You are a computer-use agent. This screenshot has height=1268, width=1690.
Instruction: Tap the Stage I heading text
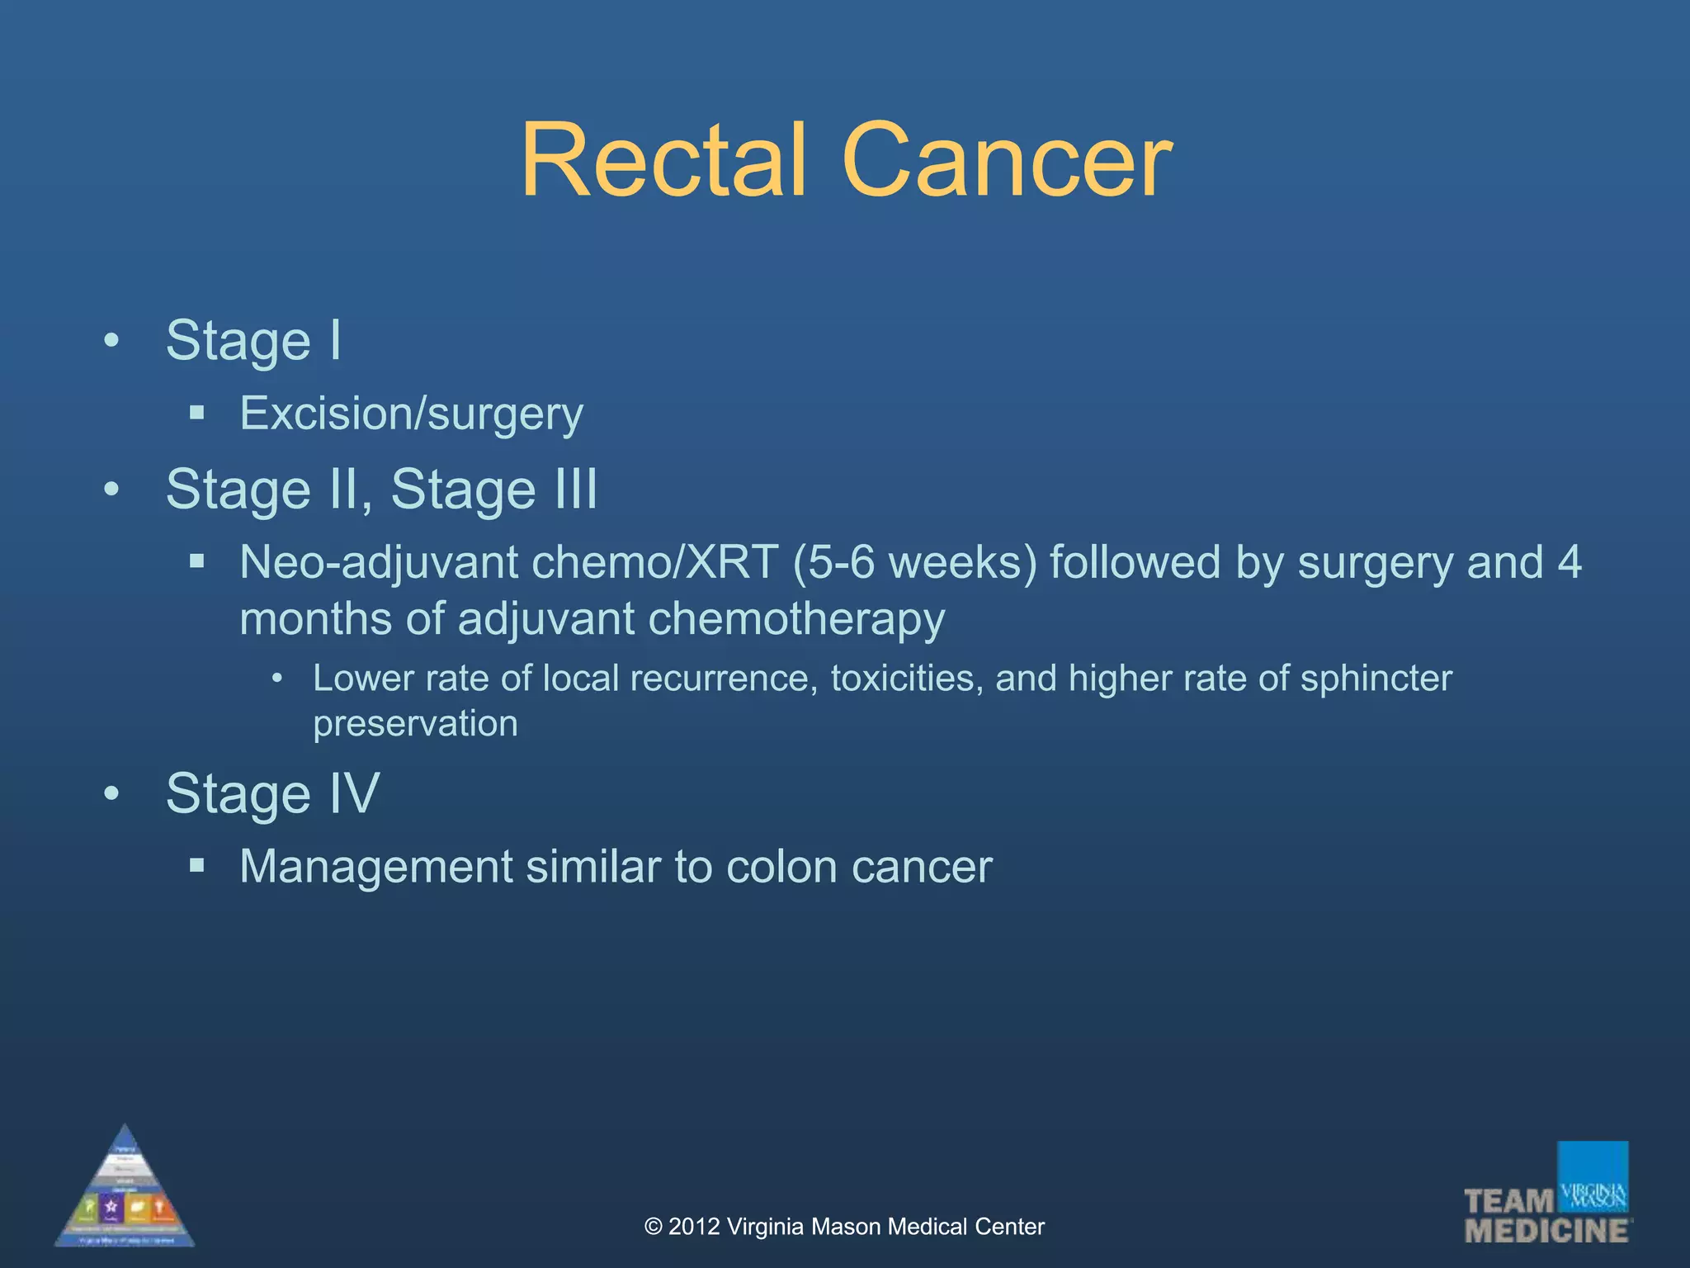point(253,340)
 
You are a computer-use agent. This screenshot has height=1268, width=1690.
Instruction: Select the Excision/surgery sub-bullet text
point(411,413)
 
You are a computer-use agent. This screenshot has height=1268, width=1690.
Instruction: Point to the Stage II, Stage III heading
point(381,489)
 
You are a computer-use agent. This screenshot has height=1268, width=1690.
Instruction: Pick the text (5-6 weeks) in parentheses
point(914,562)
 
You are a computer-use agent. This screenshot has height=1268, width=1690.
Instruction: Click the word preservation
point(415,723)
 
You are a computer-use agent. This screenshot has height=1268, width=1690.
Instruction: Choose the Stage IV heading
point(272,793)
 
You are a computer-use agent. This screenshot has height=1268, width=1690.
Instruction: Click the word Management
point(376,867)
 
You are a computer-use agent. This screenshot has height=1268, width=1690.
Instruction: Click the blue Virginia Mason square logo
point(1593,1176)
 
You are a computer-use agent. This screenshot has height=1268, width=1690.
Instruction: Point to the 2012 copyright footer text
point(844,1227)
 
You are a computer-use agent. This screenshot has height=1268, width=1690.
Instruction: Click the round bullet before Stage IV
point(111,793)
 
